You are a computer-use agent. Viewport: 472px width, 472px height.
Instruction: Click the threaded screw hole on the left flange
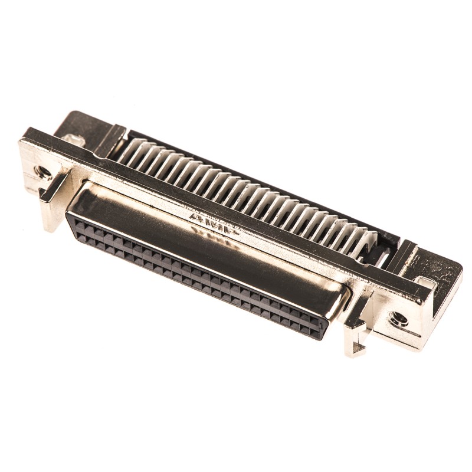pos(42,172)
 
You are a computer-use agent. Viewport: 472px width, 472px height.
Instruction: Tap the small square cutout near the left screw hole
pos(73,140)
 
